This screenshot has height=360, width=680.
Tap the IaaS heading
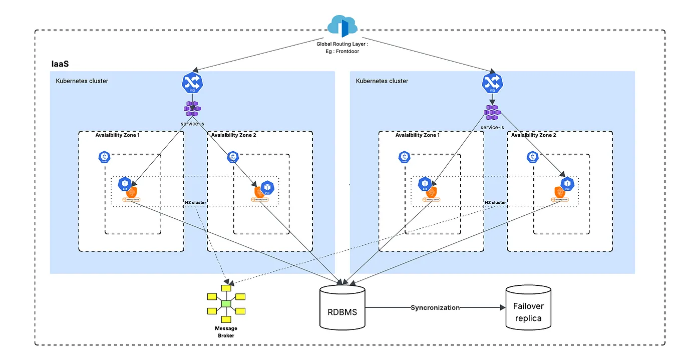60,64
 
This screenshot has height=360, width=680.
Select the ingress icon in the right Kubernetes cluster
491,84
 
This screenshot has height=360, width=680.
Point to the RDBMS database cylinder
343,307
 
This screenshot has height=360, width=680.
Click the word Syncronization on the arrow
435,307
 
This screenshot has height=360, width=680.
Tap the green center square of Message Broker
226,303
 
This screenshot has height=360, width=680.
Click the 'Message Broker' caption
226,332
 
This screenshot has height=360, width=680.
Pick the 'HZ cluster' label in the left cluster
195,202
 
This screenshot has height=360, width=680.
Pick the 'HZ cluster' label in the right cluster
495,202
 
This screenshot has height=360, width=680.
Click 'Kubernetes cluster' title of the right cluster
382,81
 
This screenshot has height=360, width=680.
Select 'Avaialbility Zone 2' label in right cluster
534,135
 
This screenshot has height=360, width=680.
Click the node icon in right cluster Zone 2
532,157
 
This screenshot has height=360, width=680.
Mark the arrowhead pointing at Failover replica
502,307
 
